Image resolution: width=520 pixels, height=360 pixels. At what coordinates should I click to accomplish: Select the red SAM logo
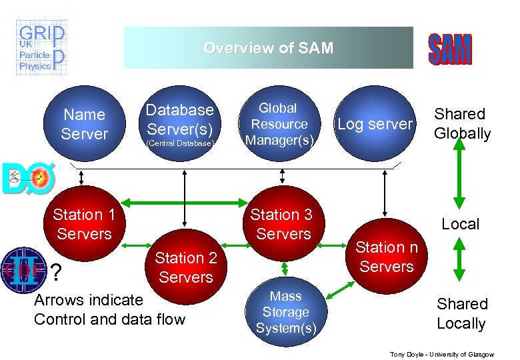(449, 50)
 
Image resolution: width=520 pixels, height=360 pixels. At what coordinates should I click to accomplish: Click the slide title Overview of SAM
(268, 48)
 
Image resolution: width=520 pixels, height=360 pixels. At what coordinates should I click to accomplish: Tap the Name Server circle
(84, 124)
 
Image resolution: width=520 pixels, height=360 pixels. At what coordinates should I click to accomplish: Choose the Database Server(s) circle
(180, 124)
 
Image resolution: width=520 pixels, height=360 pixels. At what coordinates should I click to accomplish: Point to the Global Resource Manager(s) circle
(278, 124)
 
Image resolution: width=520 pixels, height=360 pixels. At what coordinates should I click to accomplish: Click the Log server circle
(375, 124)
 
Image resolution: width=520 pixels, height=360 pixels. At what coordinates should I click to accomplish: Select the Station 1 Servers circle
(84, 224)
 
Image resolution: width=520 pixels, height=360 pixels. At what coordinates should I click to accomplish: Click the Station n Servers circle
(387, 257)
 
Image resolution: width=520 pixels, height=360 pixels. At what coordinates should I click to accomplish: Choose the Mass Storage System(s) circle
(285, 312)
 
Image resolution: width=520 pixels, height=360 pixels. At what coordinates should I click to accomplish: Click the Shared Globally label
(462, 124)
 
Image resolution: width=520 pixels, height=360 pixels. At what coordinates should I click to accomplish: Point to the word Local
(461, 224)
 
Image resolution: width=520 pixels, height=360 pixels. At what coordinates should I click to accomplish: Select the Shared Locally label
(461, 313)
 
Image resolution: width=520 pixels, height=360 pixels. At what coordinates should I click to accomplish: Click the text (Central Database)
(181, 143)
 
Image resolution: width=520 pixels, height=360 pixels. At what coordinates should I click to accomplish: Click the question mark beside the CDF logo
(57, 272)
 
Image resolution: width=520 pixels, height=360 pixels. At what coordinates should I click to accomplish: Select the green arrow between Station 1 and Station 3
(183, 202)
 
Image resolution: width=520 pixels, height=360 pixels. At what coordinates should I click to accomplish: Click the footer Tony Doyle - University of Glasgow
(441, 353)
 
